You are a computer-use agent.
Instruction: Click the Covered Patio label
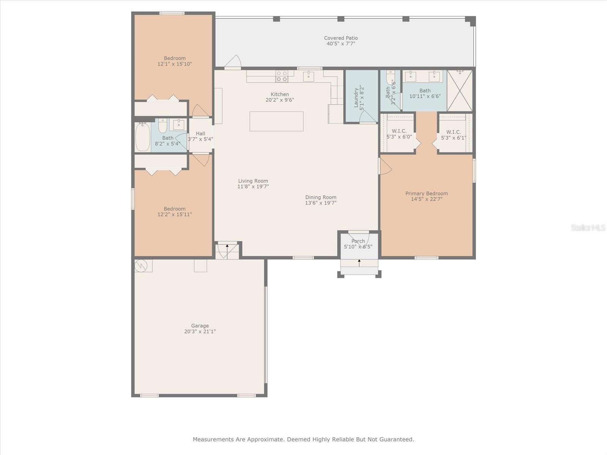click(341, 38)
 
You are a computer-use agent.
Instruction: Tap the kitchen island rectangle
click(276, 121)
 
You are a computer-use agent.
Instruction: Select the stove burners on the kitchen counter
click(282, 76)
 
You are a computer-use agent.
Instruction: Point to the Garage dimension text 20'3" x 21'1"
click(200, 331)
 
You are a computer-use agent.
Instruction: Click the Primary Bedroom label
click(426, 193)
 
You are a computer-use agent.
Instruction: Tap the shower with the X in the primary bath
click(460, 91)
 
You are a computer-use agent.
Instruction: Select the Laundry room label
click(356, 97)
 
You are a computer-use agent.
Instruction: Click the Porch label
click(358, 241)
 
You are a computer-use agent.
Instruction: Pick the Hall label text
click(200, 133)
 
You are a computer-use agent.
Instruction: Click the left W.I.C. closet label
click(399, 131)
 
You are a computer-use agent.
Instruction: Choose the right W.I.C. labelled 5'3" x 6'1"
click(453, 135)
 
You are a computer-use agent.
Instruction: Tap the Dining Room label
click(321, 197)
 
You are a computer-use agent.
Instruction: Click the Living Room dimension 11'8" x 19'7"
click(253, 187)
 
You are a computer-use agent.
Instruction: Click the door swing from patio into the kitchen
click(233, 61)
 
